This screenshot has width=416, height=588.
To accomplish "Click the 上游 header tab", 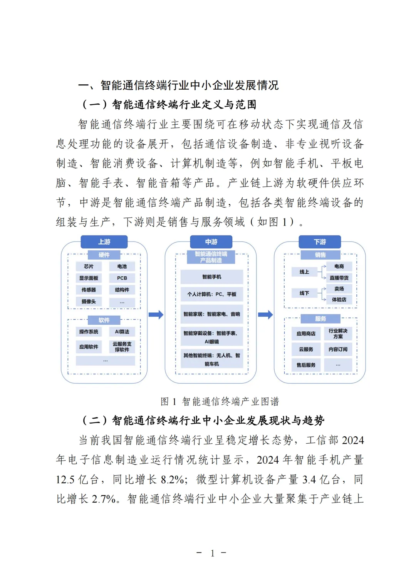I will click(x=104, y=242).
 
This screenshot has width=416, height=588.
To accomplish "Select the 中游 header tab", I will click(x=211, y=242).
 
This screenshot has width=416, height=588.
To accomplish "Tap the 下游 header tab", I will click(x=320, y=242).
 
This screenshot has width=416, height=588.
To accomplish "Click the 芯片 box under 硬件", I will click(x=89, y=266).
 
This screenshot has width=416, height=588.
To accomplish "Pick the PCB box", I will click(x=122, y=278).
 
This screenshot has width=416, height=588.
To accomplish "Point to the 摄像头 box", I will click(x=89, y=301).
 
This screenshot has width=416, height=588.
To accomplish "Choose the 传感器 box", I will click(x=89, y=290).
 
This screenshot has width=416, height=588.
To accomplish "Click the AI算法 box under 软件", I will click(x=122, y=332).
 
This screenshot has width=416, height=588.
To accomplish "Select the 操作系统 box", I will click(x=89, y=332).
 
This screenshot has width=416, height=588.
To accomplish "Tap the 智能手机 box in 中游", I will click(x=211, y=277).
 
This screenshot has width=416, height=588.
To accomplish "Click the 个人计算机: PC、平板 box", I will click(x=211, y=294).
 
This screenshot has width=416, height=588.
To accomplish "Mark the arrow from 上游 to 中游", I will click(x=156, y=315).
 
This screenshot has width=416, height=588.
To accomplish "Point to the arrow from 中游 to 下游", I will click(x=265, y=315).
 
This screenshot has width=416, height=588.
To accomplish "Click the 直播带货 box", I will click(x=339, y=277).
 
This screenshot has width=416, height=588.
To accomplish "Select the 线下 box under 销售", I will click(x=304, y=293).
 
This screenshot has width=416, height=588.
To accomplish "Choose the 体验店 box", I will click(x=339, y=299).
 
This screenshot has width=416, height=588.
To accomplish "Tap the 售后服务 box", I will click(x=306, y=365).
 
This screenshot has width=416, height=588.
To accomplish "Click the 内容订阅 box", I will click(x=338, y=349).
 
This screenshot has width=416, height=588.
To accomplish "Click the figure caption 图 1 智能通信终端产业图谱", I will click(x=220, y=402).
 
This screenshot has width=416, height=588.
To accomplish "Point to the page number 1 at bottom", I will click(x=212, y=553).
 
